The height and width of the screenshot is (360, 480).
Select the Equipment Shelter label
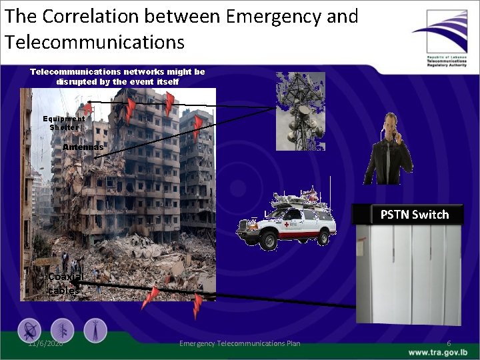(x=63, y=122)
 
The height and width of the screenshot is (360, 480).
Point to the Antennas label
(x=83, y=147)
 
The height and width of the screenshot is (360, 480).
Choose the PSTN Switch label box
(x=414, y=214)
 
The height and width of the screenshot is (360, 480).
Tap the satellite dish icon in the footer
(x=29, y=330)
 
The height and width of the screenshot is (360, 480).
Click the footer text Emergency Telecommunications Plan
(x=239, y=343)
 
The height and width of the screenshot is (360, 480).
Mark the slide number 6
(x=449, y=343)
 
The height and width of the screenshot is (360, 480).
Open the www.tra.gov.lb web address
(x=438, y=352)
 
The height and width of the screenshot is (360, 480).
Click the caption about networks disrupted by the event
(x=117, y=76)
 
